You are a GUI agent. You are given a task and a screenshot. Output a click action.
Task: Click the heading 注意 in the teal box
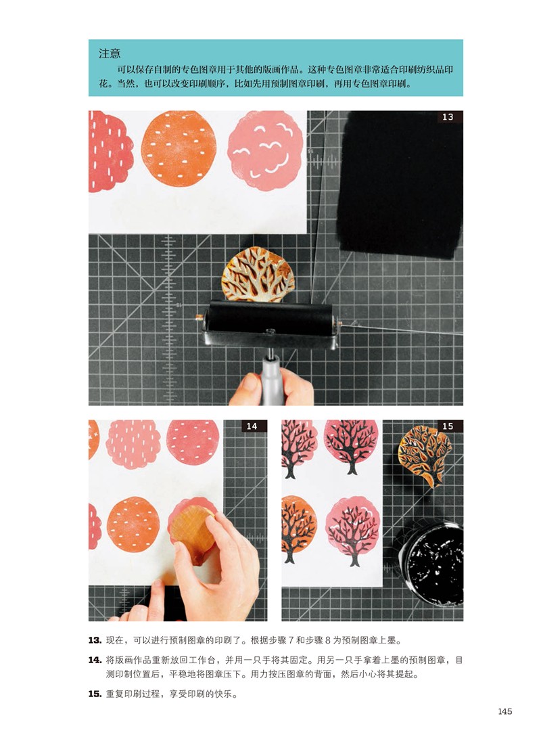[x=110, y=53]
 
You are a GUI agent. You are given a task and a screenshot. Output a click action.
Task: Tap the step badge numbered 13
[x=448, y=116]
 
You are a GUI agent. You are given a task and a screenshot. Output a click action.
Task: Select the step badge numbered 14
[x=252, y=426]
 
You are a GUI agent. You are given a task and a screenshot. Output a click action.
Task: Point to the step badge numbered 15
[x=448, y=426]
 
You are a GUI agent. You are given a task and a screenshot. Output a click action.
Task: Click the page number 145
[x=504, y=711]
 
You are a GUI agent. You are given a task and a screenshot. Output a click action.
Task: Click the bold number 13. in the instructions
[x=95, y=640]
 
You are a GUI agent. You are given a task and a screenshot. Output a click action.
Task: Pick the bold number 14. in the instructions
[x=95, y=660]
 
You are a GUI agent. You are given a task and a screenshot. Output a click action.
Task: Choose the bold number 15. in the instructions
[x=95, y=694]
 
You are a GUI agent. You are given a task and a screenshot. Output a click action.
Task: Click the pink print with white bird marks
[x=265, y=151]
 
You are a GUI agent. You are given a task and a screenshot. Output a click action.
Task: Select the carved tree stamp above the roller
[x=258, y=275]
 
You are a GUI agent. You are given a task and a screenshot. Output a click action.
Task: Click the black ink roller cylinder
[x=269, y=315]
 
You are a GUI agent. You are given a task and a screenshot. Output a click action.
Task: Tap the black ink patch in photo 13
[x=400, y=183]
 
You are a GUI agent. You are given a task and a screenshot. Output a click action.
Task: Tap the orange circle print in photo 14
[x=133, y=524]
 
